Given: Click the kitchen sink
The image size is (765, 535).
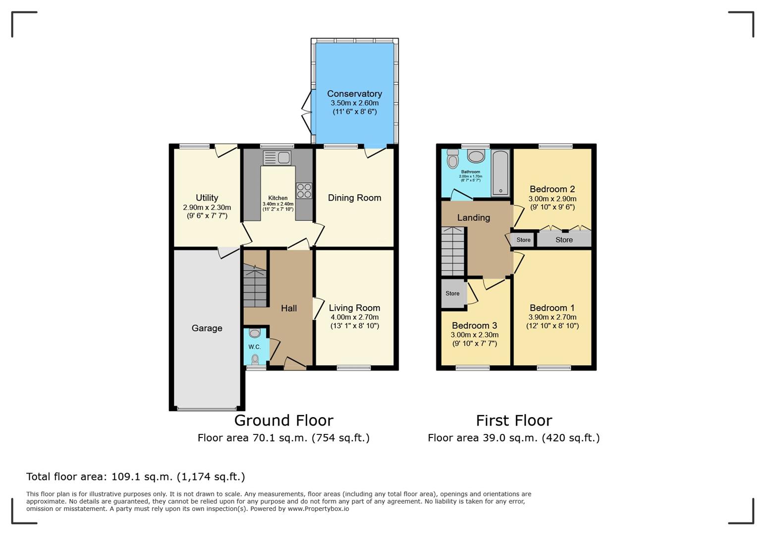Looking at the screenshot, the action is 277,158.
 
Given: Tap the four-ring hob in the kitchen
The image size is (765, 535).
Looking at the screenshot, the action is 304,191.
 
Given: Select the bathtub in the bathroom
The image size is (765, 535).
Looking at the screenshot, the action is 500,173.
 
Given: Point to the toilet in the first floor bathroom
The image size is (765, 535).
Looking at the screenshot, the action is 453,159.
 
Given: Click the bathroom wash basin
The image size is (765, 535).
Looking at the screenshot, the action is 476,156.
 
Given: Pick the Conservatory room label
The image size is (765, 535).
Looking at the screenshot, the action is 354,94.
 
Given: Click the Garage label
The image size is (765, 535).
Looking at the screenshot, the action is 207,328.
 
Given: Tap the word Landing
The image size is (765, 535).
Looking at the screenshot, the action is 474,217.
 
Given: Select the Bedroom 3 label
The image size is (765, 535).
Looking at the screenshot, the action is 474,325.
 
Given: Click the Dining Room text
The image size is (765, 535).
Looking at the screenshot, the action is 354,198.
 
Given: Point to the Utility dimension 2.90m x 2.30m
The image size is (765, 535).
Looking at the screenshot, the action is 207,207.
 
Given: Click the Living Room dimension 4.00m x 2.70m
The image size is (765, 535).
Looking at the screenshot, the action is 354,317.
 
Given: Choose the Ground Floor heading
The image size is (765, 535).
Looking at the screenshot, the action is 284,420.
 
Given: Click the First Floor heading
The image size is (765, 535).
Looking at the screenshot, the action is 514,420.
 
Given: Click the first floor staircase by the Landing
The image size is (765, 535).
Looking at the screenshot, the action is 453,251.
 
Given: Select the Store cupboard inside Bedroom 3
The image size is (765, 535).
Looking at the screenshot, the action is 453,293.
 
